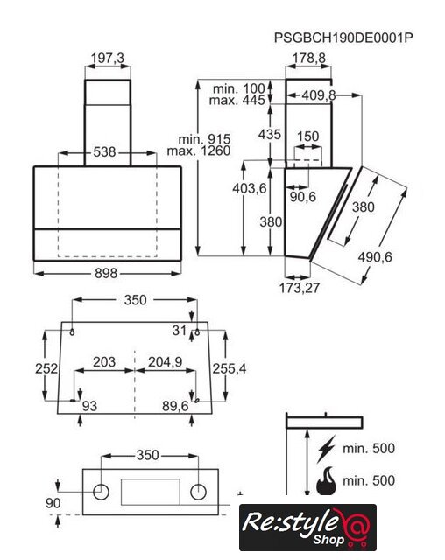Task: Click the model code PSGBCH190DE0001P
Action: (x=343, y=37)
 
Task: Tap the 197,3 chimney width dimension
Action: (x=107, y=58)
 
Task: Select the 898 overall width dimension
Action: (x=106, y=274)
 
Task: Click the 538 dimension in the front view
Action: (x=104, y=152)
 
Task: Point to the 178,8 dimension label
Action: (x=309, y=59)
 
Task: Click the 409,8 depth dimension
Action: (x=319, y=95)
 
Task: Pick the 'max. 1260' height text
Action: (x=199, y=150)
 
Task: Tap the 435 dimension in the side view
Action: (x=270, y=134)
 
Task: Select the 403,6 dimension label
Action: (x=250, y=188)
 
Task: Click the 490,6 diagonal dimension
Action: (x=375, y=257)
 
